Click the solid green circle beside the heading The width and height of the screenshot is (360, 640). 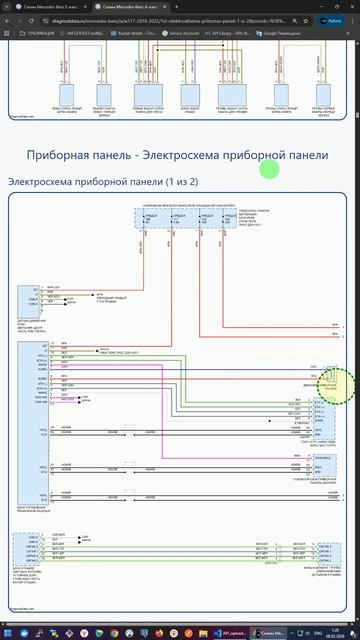[x=268, y=169]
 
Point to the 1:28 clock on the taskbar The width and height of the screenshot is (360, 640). [x=334, y=633]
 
